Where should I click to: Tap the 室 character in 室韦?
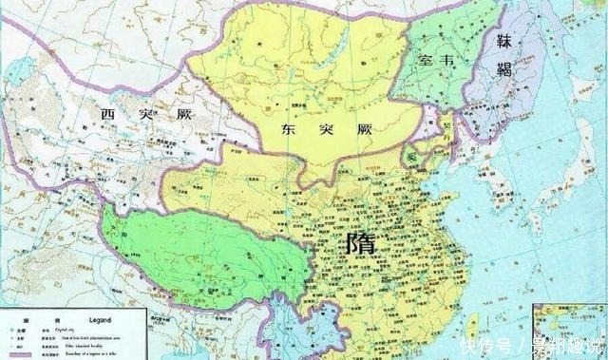[x=427, y=60]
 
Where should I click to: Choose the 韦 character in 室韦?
[x=453, y=60]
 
